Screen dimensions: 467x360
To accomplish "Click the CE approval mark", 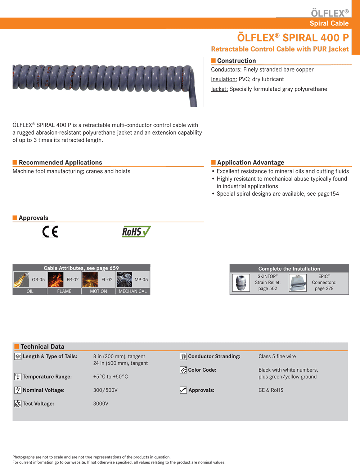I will coord(50,232).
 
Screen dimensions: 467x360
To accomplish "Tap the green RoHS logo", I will coord(136,232).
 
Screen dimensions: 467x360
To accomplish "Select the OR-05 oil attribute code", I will coord(38,280).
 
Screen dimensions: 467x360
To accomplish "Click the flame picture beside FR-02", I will coord(56,280).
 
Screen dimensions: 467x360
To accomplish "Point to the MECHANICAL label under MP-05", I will coord(132,291).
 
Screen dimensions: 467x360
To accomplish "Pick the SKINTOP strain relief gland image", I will coord(241,283).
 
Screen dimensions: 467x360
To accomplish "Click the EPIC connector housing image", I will coord(298,283).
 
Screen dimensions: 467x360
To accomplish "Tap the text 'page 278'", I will coord(324,289).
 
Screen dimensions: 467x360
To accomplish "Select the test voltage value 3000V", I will coord(101,404).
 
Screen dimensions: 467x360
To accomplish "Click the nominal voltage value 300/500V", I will coord(105,390).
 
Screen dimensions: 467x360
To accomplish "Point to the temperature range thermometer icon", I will coord(18,377).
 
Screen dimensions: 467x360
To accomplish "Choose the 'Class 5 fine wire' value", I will coord(277,357).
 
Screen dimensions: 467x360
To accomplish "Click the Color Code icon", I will coord(183,370).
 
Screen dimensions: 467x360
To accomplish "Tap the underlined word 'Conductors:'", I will coord(226,69).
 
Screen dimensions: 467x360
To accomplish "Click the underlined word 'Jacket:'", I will coord(219,89).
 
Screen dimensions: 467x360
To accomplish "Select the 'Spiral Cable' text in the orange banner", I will coord(329,23).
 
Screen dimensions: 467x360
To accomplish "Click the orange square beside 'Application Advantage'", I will coord(213,163).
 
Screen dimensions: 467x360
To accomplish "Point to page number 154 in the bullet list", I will coord(334,194).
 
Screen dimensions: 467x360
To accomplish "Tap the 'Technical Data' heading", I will coord(42,346).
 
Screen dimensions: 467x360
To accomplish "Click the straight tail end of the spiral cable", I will coord(193,101).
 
